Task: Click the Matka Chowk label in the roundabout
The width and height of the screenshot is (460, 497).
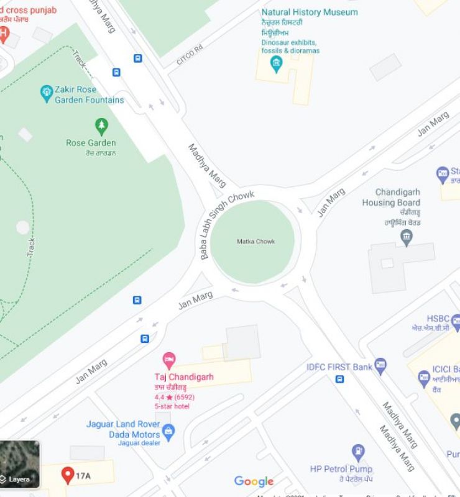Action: pos(255,242)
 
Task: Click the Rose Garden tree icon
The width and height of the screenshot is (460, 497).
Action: pos(101,127)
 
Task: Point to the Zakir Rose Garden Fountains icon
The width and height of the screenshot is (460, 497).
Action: pos(46,93)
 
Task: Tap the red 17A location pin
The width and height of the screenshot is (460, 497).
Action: pos(68,476)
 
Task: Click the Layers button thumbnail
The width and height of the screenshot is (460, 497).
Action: pos(19,463)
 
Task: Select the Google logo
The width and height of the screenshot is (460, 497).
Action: pos(254,481)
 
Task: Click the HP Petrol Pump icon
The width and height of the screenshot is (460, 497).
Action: pos(358,452)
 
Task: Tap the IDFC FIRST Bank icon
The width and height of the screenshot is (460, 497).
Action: pos(380,366)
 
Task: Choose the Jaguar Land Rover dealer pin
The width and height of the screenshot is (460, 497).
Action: pos(168,430)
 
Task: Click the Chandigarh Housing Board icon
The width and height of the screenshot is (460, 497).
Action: pos(407,237)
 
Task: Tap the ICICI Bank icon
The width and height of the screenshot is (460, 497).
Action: pos(424,377)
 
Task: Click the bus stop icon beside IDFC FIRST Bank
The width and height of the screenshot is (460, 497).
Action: pos(339,379)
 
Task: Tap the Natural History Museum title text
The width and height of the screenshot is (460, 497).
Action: pos(309,12)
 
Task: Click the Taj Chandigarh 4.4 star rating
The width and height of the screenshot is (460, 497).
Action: pos(174,397)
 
